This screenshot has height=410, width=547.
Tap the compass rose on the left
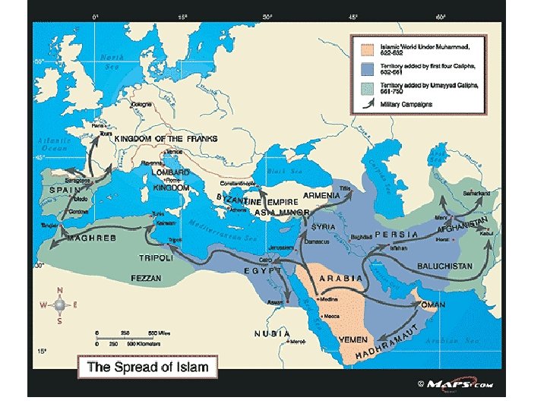60,304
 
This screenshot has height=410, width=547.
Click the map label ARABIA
340,278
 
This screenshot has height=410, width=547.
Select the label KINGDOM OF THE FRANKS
166,139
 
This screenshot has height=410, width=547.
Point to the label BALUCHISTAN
445,266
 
